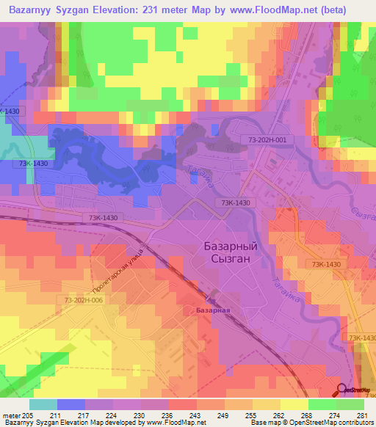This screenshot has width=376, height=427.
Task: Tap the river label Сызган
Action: (x=361, y=213)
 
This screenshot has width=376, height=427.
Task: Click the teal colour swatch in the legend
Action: (x=43, y=404)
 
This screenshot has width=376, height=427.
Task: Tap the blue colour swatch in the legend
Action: (x=71, y=404)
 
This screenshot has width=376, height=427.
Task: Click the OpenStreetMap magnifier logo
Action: (x=342, y=390)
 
